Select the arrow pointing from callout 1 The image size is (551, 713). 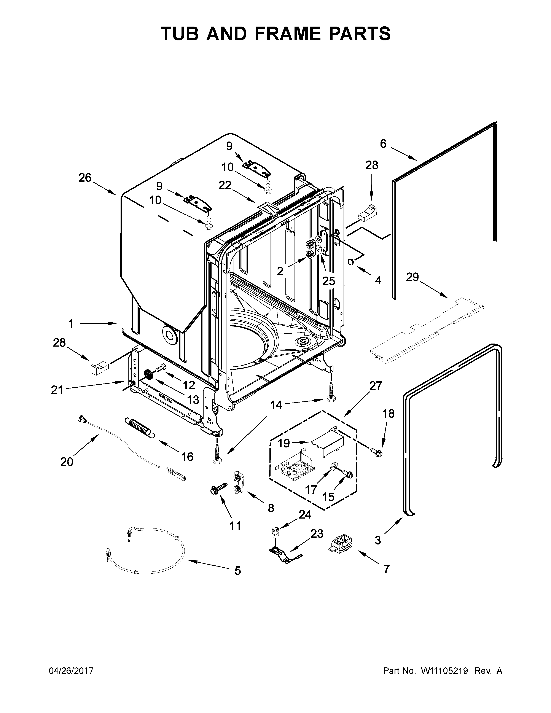point(98,323)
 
